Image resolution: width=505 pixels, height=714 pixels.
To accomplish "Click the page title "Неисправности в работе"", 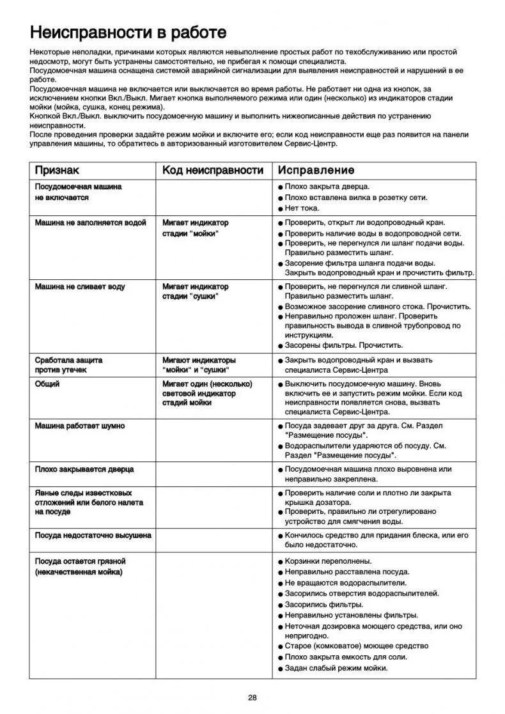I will point(128,32).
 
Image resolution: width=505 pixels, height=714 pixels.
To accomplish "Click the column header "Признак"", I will point(57,170).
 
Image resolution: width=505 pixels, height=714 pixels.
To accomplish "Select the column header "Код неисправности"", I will point(212,170).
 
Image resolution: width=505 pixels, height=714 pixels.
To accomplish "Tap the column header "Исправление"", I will point(315,170).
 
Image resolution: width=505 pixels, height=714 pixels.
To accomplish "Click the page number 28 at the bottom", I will point(252,697).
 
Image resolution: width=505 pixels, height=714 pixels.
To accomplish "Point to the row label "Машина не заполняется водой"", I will point(90,222).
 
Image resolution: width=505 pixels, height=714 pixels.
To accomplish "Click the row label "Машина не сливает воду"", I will point(80,286).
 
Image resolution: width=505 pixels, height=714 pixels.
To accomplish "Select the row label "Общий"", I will point(47,384).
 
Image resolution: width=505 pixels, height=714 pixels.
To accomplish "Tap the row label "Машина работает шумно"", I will point(80,426).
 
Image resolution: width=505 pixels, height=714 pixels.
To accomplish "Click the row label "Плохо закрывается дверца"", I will point(84,469).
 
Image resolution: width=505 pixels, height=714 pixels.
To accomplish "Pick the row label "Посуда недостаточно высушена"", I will point(93,535).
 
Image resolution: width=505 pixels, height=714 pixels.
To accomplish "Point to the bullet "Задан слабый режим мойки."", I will point(336,668).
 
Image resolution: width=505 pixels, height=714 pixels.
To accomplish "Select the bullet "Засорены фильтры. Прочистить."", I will point(343,345).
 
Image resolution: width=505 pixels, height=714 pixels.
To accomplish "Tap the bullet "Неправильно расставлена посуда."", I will point(347,572).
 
